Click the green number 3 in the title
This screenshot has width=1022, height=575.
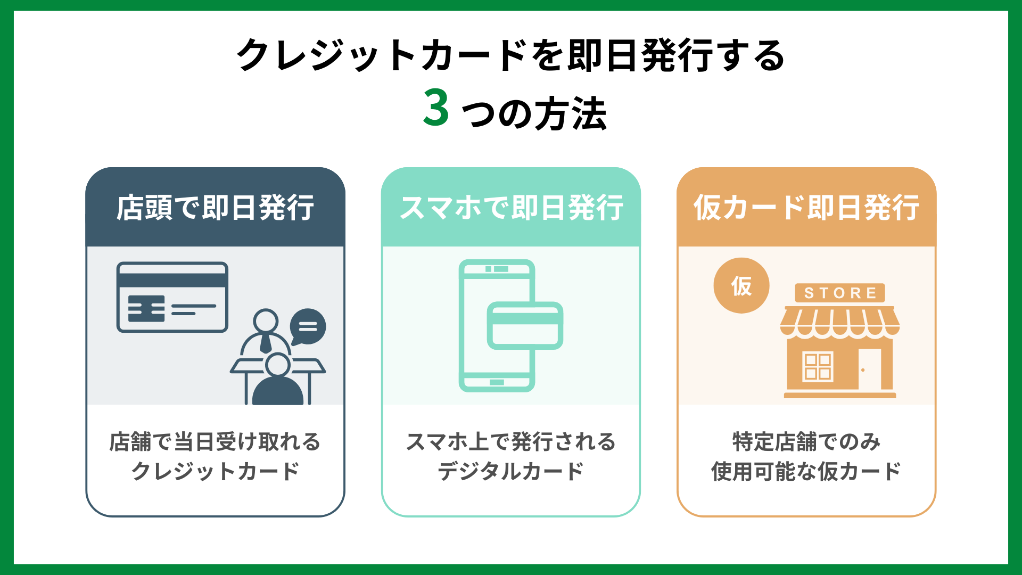pos(436,108)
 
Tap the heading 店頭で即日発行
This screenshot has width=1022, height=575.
pos(215,208)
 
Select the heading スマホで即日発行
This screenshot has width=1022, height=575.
pos(511,208)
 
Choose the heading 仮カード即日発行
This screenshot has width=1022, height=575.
pos(806,208)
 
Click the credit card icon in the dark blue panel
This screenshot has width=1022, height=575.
pos(172,297)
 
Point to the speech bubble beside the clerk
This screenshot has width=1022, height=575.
pos(308,326)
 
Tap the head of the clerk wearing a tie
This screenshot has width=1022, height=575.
pos(265,321)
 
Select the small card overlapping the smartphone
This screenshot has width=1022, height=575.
pos(525,325)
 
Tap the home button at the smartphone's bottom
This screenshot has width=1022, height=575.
pos(497,382)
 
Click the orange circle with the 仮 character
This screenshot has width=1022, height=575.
pos(741,286)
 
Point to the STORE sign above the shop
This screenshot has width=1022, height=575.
pos(840,293)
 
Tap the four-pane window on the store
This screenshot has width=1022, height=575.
pos(818,367)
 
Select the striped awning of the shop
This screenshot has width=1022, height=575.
pos(840,322)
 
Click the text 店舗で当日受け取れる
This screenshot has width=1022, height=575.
pos(215,442)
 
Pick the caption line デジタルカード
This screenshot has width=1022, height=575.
pos(511,471)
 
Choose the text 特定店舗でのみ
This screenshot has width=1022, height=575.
pos(806,442)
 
